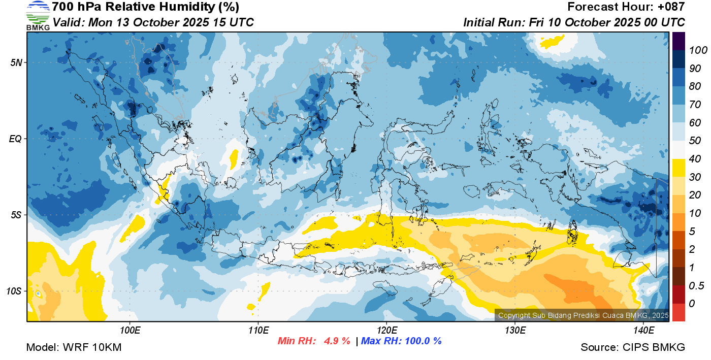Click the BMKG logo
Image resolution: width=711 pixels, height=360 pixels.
tap(38, 15)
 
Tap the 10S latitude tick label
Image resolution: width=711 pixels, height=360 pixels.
tap(14, 291)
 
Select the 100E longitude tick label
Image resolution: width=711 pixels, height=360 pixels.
tap(130, 331)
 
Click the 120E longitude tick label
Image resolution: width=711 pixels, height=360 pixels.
tap(386, 331)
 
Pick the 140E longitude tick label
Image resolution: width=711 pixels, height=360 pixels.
tap(643, 331)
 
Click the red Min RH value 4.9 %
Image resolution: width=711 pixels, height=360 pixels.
tap(337, 341)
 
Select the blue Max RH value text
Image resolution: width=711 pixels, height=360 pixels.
tap(401, 341)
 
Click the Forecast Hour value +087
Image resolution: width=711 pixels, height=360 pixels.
tap(670, 7)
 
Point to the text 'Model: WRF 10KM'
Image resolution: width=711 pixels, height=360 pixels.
tap(74, 347)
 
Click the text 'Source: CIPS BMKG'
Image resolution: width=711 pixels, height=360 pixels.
tap(633, 347)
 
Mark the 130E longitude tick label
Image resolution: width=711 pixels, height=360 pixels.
tap(515, 331)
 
